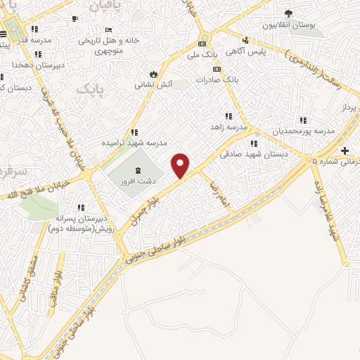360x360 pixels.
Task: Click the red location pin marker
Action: [181, 165]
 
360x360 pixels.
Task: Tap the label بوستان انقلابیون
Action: [288, 25]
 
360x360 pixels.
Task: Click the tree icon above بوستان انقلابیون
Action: [288, 13]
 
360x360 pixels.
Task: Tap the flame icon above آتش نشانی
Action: [153, 73]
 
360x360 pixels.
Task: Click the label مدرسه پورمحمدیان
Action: [303, 131]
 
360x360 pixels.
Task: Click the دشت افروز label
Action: [136, 181]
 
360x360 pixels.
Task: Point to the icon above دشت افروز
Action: [136, 170]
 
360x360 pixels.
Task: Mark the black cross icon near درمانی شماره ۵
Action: [345, 150]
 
